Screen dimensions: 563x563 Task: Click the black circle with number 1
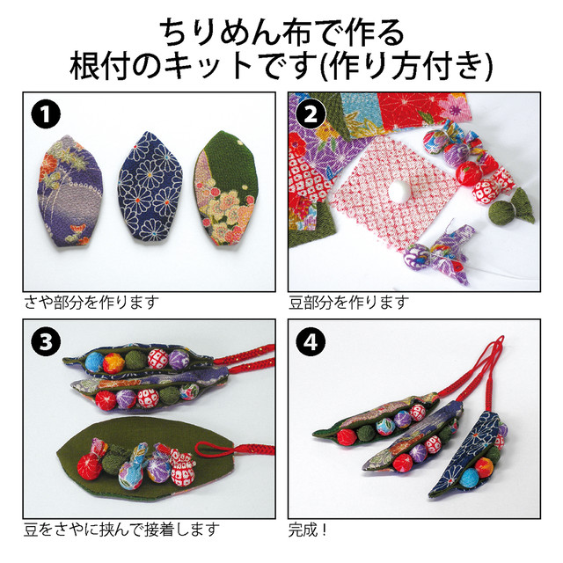coord(44,114)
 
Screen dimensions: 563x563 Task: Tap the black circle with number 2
coord(311,114)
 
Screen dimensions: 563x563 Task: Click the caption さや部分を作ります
coord(91,303)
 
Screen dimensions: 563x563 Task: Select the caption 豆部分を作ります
coord(349,303)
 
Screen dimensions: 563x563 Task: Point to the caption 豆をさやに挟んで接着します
coord(121,530)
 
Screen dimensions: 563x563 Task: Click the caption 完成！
coord(310,530)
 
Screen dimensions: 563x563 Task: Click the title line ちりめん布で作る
coord(281,33)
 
